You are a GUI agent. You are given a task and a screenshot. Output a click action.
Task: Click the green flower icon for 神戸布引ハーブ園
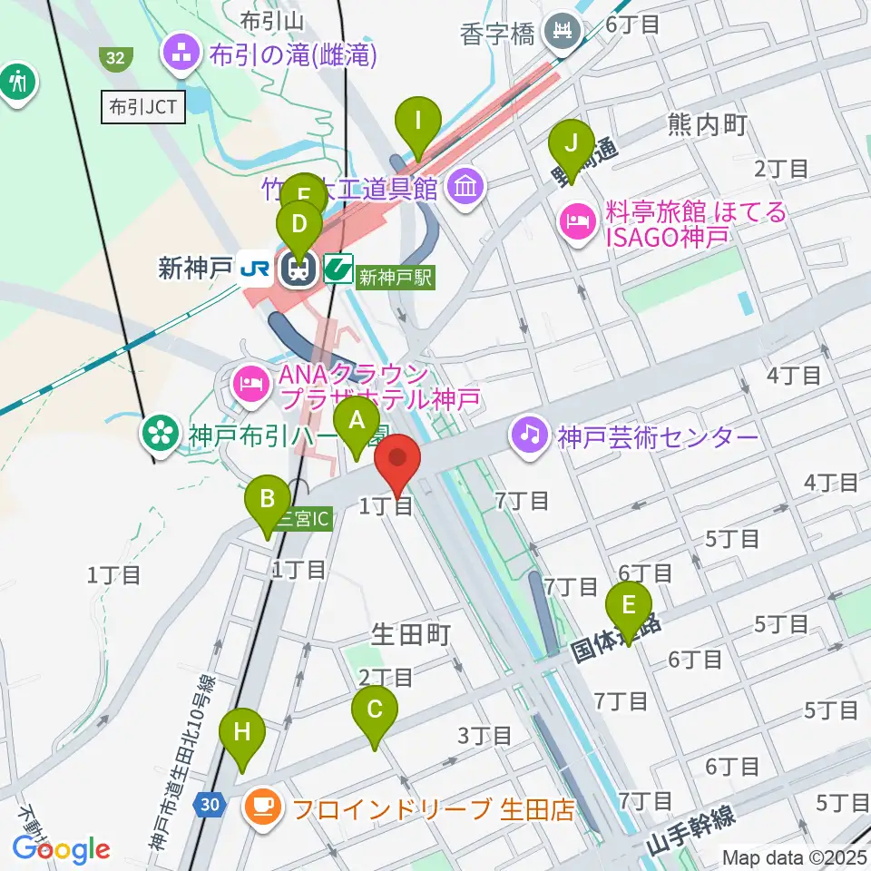[161, 432]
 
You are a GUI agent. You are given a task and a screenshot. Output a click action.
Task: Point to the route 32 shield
[114, 58]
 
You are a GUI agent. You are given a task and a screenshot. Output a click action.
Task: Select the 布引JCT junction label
[144, 108]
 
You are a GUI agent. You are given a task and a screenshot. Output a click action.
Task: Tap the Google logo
[61, 849]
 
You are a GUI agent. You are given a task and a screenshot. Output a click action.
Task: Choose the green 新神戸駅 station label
[396, 276]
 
